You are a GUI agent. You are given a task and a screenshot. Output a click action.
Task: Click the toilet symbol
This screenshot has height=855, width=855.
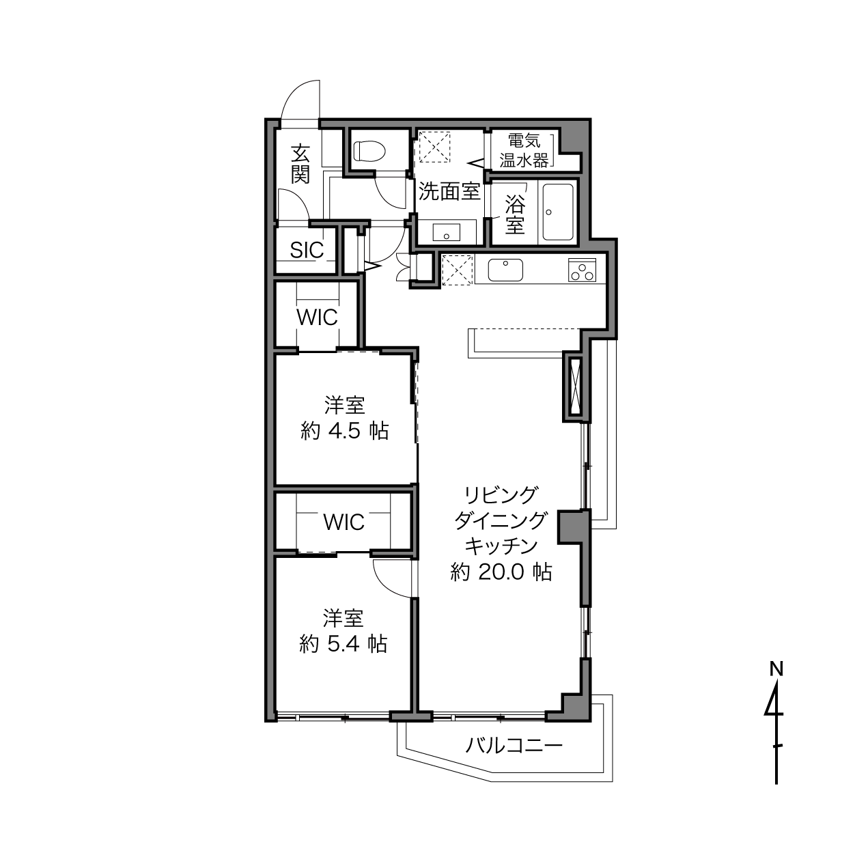tap(369, 151)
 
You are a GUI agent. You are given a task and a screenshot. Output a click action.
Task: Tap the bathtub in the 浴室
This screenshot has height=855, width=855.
tap(558, 212)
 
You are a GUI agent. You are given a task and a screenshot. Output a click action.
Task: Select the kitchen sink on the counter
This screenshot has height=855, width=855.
tap(505, 270)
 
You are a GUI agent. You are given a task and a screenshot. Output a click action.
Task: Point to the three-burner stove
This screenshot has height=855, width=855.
tap(583, 270)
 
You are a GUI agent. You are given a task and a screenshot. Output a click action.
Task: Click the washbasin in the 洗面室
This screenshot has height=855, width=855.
tap(447, 232)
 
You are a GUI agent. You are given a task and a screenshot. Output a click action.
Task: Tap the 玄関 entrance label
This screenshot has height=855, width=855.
tap(300, 164)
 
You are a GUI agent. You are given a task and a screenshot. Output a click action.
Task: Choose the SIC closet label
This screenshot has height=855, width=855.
tap(307, 250)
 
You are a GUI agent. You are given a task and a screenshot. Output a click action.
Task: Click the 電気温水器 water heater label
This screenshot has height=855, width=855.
tap(524, 150)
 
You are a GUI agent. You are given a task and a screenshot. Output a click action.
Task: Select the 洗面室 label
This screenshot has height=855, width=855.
tap(449, 191)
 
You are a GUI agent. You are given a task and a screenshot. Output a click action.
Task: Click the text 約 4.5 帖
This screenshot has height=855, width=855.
tap(345, 431)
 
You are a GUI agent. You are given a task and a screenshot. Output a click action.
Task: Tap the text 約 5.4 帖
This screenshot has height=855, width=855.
tap(344, 644)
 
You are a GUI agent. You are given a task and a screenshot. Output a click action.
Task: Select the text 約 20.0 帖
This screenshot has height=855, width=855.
tap(501, 572)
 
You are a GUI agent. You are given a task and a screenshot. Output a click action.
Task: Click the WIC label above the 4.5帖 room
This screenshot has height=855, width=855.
tap(317, 318)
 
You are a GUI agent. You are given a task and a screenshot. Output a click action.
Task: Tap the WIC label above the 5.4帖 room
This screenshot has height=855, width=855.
tap(344, 522)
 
